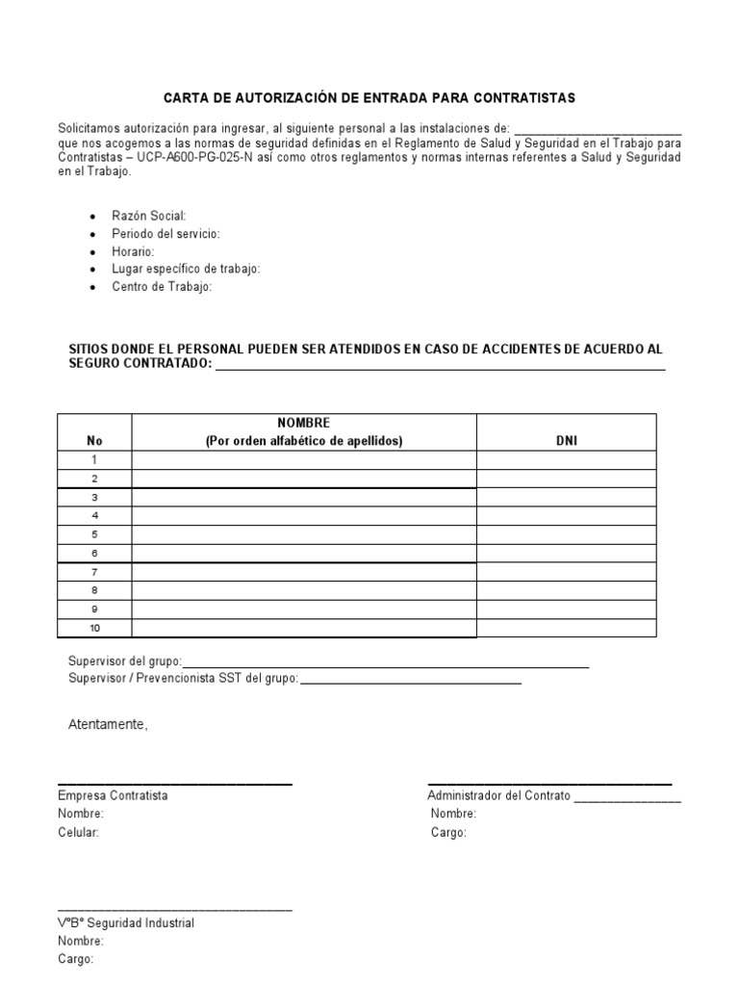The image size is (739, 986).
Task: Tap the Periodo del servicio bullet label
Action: [x=166, y=234]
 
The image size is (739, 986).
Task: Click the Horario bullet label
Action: [x=133, y=251]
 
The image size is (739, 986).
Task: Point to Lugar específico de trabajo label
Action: [x=186, y=269]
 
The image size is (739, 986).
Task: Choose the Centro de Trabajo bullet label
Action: [x=162, y=287]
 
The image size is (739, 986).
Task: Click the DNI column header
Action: [x=567, y=441]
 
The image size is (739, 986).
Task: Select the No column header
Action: [x=94, y=441]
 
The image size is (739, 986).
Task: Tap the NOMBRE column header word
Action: [x=303, y=424]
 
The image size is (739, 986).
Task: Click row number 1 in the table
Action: [x=94, y=460]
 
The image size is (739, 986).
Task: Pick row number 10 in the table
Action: [x=94, y=629]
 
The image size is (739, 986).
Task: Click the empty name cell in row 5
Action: [x=303, y=534]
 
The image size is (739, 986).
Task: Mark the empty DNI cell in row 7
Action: [x=567, y=572]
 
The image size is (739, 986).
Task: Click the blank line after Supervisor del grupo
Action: [x=385, y=663]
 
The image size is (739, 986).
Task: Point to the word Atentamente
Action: [x=108, y=724]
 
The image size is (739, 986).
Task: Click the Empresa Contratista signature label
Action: [x=113, y=796]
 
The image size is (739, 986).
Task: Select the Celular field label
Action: [x=78, y=833]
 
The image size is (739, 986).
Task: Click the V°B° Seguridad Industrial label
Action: [x=125, y=923]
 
